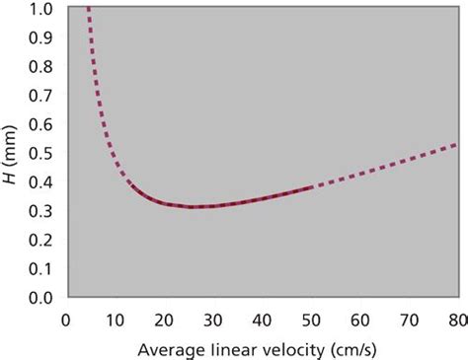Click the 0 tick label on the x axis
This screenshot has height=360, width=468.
point(66,319)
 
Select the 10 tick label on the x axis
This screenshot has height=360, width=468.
point(115,319)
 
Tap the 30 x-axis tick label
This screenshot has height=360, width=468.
point(212,319)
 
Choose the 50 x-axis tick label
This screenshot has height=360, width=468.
point(310,319)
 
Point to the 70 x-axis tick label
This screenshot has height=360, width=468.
point(408,319)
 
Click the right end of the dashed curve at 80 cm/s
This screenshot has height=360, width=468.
point(456,145)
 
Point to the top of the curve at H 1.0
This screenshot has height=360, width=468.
point(88,9)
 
